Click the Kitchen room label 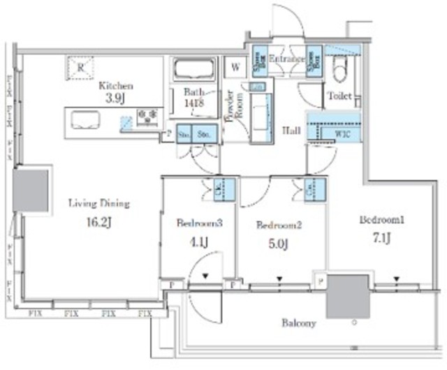[x=115, y=85]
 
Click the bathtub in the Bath [x=193, y=71]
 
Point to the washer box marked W [x=234, y=68]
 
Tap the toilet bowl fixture [x=339, y=70]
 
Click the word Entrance [x=286, y=60]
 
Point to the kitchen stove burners [x=148, y=116]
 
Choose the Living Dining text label [x=98, y=204]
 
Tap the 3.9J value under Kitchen [x=115, y=99]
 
